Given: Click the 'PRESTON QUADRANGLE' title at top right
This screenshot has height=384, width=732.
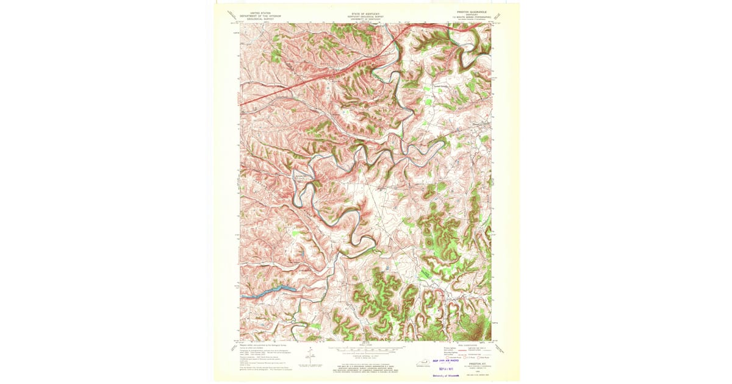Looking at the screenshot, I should [x=469, y=12].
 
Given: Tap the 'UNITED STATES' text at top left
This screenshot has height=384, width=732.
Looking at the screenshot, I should [x=256, y=12].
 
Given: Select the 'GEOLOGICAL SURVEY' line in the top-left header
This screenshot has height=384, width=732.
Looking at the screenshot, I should [x=256, y=19].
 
